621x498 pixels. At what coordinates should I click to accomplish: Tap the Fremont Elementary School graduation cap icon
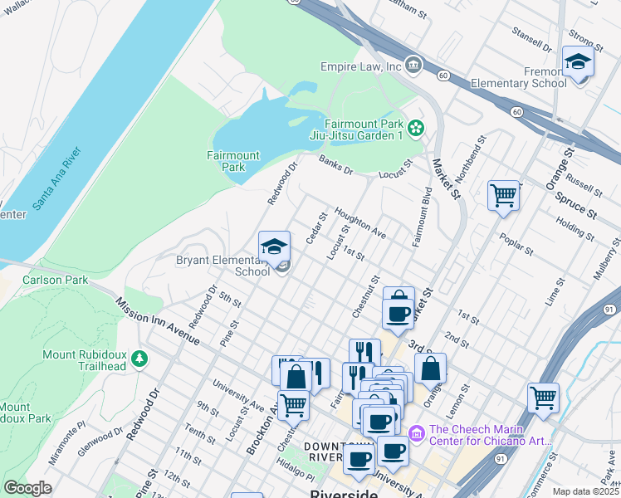pos(578,61)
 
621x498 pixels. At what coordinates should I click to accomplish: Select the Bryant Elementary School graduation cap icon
pos(275,247)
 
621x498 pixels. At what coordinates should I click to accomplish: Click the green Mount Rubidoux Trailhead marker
pos(140,359)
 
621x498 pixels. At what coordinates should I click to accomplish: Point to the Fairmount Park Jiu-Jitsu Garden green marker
pos(416,128)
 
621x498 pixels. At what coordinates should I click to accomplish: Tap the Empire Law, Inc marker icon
pos(414,66)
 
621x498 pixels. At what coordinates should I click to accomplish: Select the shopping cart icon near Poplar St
pos(503,196)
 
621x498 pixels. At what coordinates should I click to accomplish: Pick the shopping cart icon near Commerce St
pos(543,397)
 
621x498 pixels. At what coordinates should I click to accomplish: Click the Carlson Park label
pos(56,280)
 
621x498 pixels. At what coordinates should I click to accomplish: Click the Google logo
pos(27,487)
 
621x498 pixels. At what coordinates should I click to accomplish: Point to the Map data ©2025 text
pos(585,491)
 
